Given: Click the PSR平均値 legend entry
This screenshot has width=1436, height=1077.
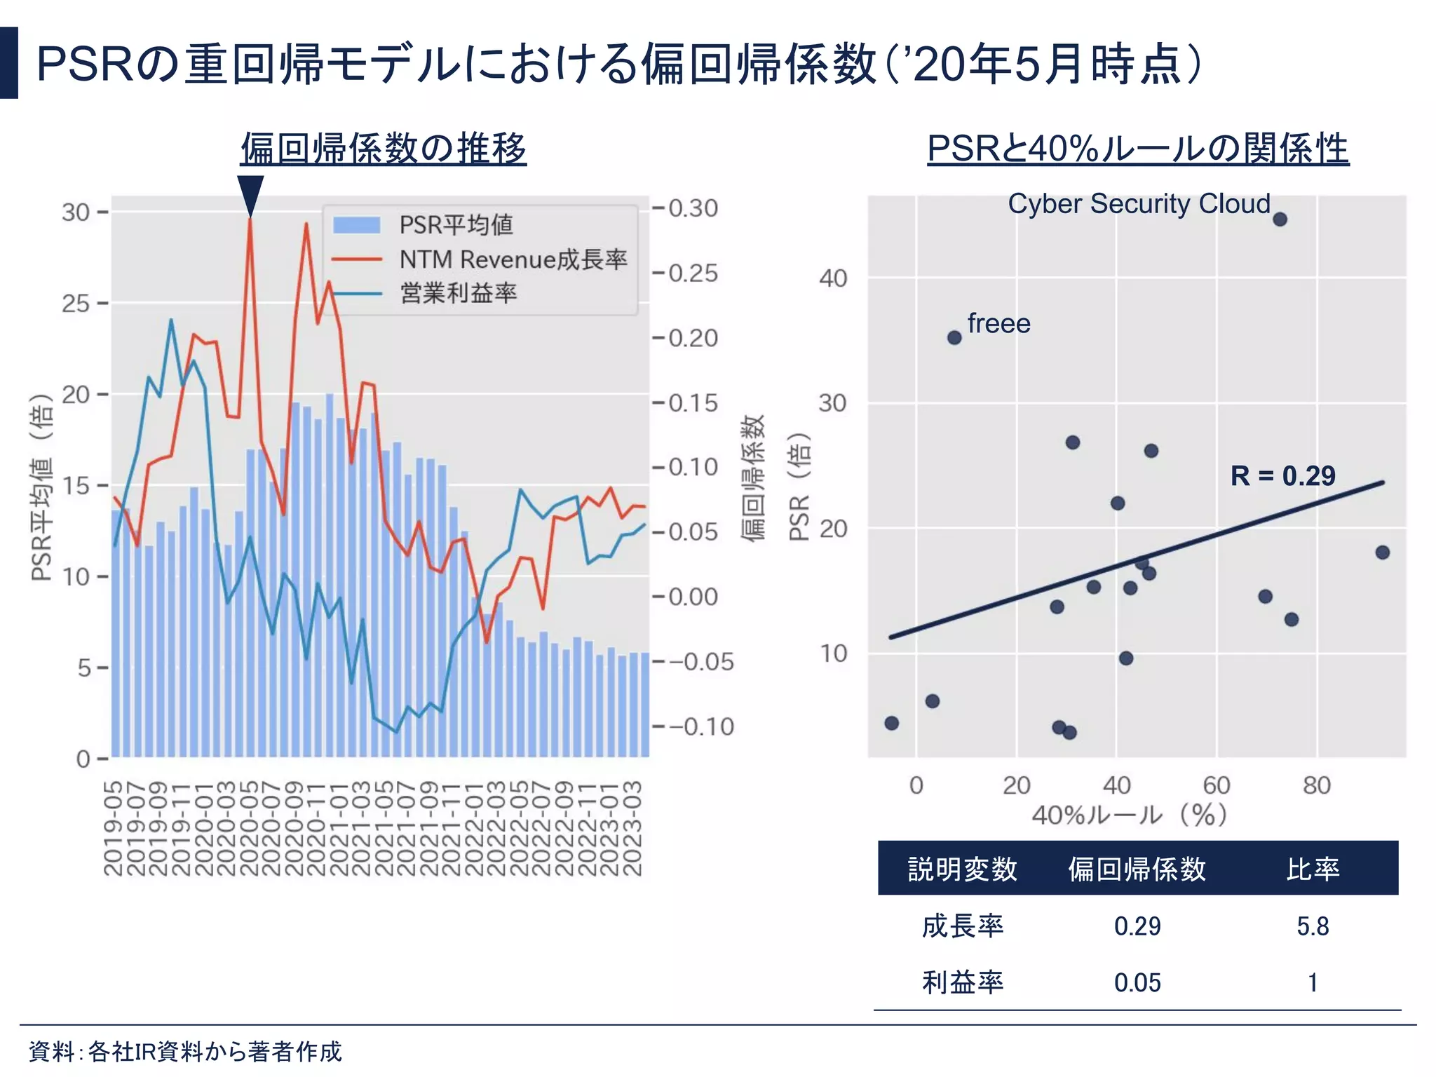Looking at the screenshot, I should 456,225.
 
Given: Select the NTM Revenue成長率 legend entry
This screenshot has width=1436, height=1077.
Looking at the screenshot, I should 513,259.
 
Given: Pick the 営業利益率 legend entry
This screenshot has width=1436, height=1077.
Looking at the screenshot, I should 458,293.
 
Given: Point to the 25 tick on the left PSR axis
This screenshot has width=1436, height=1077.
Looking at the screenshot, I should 76,304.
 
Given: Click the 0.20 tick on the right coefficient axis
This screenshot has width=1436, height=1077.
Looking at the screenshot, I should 693,338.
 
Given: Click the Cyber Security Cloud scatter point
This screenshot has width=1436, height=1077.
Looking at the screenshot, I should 1280,219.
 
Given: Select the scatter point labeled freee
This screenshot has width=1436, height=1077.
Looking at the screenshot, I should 954,338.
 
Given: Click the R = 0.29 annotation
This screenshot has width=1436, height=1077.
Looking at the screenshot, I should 1282,476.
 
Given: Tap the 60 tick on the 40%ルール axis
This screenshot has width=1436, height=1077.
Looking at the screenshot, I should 1217,785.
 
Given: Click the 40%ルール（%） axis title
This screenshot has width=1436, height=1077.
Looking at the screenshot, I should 1129,815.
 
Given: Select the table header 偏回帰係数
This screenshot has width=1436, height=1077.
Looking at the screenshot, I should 1137,869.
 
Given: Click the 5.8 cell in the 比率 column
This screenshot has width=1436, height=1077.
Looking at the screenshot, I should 1313,927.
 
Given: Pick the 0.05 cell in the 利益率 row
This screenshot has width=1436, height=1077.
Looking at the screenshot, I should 1137,983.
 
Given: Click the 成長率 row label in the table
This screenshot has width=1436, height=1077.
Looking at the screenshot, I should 962,927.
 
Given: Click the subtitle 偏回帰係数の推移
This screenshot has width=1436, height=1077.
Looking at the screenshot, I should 384,149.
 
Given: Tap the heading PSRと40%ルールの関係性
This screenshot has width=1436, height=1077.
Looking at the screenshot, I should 1137,149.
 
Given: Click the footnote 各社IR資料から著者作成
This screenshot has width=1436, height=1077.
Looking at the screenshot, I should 215,1051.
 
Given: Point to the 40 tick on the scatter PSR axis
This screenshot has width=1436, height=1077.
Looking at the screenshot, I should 833,278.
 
